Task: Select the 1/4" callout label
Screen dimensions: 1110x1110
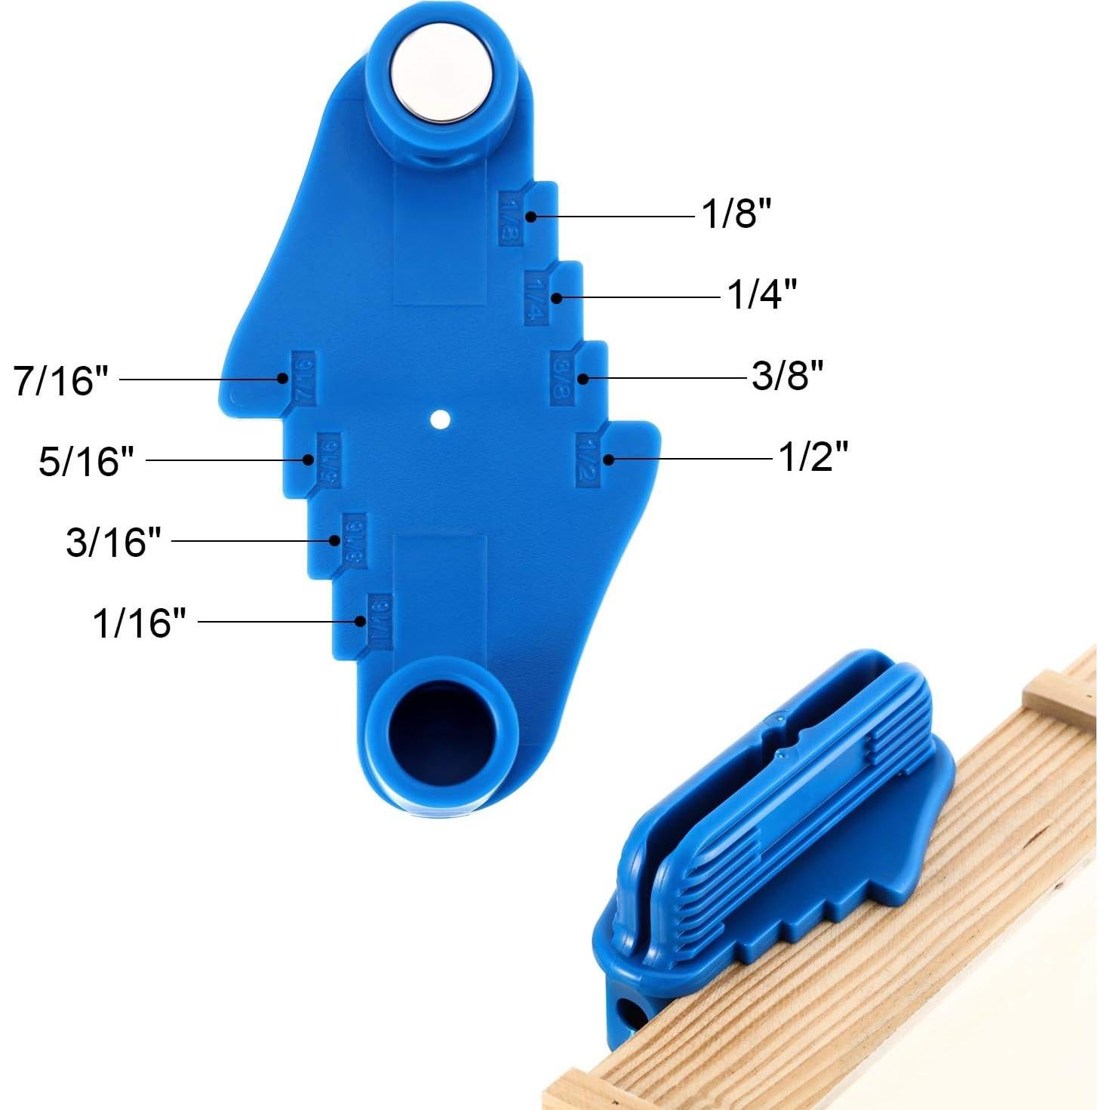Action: coord(761,294)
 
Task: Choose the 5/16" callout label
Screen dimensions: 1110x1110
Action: coord(86,460)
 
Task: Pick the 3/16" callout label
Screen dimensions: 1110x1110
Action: coord(113,541)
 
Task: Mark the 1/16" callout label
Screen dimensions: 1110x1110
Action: coord(139,623)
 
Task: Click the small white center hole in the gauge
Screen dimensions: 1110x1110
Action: coord(441,419)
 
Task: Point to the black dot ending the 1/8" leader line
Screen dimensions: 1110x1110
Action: coord(531,217)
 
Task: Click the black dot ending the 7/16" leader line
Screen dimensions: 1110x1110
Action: coord(283,379)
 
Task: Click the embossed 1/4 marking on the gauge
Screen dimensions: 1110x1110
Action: coord(534,299)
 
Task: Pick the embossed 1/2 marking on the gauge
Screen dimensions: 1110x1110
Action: coord(587,460)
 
